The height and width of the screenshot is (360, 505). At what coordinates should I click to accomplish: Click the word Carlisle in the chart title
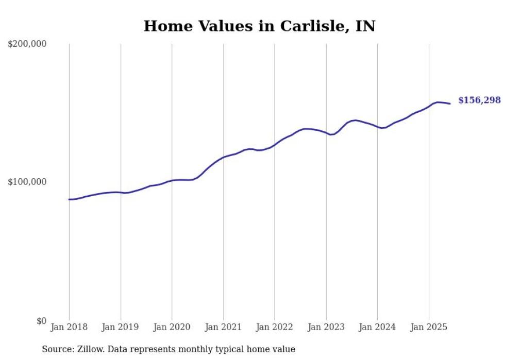coord(314,26)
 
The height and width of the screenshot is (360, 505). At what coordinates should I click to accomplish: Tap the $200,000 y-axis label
coord(27,44)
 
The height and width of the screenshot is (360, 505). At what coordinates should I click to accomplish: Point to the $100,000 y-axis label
coord(27,182)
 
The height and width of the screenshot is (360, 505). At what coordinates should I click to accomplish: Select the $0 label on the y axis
coord(41,321)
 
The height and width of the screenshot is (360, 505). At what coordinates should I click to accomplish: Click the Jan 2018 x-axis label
coord(69,327)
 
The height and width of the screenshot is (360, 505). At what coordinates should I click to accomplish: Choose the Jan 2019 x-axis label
coord(121,327)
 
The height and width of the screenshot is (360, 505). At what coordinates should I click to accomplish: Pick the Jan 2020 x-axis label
coord(172,327)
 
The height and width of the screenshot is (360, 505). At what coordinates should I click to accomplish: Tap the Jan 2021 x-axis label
coord(223,327)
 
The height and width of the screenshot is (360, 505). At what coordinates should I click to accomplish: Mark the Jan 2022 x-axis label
coord(275,327)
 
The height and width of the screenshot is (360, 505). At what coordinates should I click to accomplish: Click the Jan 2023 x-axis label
coord(326,327)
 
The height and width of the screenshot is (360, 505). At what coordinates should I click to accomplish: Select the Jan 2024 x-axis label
coord(377,327)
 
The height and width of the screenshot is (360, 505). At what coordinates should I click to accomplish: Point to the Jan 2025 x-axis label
coord(429,327)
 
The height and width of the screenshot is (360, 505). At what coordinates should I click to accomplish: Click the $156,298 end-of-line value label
coord(479,100)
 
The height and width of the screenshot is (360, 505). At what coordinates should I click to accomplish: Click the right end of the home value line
coord(450,104)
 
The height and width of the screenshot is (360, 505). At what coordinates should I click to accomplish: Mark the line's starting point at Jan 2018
coord(70,199)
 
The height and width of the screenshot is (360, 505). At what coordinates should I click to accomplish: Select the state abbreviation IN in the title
coord(365,26)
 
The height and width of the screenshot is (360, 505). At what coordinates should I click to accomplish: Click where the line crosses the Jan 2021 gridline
coord(223,157)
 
